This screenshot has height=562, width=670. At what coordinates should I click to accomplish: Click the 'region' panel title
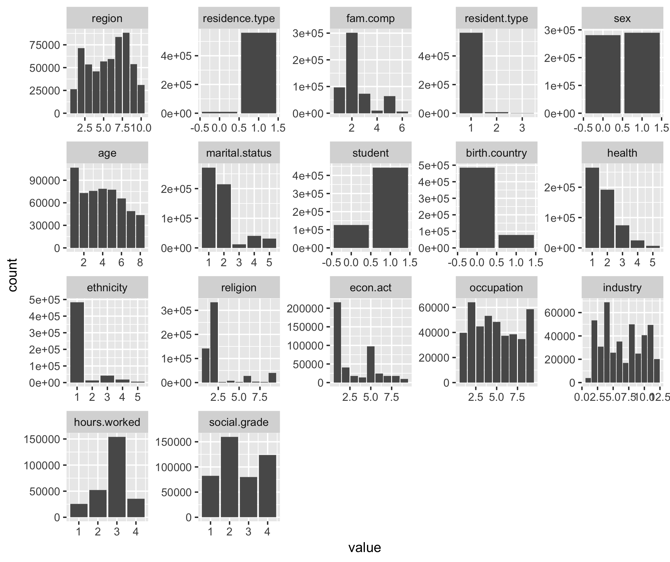[x=107, y=18]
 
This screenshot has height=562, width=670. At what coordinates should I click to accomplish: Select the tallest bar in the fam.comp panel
[x=352, y=73]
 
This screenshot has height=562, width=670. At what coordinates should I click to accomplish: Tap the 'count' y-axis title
[x=12, y=275]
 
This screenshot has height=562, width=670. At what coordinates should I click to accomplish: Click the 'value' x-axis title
[x=364, y=548]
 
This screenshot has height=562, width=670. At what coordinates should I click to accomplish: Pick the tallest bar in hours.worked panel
[x=117, y=477]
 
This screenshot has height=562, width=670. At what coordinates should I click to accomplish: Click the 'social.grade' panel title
[x=239, y=422]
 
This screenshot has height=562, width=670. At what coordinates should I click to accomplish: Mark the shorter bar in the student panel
[x=351, y=236]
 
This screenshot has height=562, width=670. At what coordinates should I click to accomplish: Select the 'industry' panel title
[x=622, y=288]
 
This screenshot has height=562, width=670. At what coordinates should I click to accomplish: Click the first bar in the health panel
[x=592, y=208]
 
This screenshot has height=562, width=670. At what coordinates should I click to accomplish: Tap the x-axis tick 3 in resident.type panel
[x=522, y=128]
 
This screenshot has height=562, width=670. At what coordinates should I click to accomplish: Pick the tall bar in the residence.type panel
[x=258, y=73]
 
